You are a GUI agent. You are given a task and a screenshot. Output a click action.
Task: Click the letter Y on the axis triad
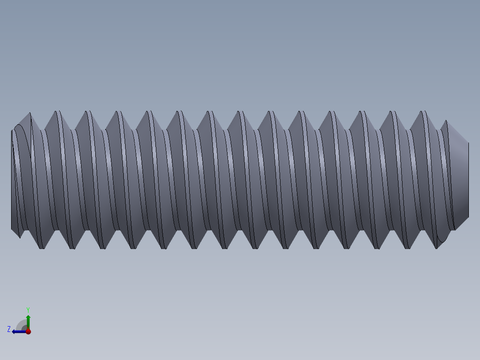pos(28,309)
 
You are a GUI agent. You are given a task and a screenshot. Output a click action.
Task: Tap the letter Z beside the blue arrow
pos(9,329)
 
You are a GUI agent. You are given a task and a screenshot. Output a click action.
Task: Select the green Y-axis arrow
pos(28,321)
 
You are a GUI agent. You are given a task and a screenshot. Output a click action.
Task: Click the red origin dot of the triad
pos(28,331)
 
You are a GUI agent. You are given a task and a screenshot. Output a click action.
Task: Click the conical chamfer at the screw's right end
pos(461,178)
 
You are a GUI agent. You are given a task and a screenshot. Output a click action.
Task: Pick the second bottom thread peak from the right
pos(407,247)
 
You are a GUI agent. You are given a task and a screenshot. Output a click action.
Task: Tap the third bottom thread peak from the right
pos(377,247)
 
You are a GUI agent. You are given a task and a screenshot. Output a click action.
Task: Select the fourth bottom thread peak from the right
pos(346,247)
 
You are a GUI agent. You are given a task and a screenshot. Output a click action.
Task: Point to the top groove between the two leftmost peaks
pos(43,129)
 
